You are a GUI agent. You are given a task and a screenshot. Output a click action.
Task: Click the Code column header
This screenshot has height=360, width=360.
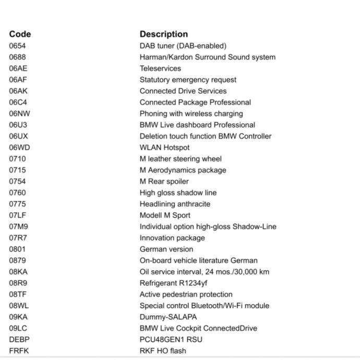(x=20, y=34)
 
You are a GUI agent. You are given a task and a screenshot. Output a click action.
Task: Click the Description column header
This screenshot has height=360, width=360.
(x=163, y=34)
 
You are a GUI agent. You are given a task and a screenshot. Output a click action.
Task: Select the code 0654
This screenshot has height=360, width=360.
(x=17, y=46)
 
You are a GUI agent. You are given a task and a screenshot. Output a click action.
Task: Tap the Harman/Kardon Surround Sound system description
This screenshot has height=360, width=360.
(x=207, y=57)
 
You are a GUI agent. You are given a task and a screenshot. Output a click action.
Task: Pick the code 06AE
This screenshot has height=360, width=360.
(x=18, y=68)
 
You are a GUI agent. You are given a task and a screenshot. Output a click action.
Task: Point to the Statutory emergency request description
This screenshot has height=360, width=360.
(x=188, y=80)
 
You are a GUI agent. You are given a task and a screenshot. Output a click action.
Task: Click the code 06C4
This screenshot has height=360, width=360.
(x=18, y=102)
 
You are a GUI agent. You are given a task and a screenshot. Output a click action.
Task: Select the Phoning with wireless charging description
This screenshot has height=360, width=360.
(x=191, y=114)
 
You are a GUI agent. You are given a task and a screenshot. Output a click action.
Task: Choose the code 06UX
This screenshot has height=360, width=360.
(x=18, y=136)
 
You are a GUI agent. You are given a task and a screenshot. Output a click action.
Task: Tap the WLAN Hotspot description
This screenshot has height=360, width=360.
(x=164, y=148)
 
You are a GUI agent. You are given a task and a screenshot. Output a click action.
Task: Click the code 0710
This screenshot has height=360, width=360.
(x=17, y=159)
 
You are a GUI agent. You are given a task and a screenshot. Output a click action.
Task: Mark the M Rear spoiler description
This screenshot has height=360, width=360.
(x=164, y=182)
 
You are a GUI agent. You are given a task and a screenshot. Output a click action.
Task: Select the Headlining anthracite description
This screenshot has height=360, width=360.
(x=175, y=204)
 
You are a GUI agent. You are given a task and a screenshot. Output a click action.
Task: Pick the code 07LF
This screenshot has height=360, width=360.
(x=18, y=215)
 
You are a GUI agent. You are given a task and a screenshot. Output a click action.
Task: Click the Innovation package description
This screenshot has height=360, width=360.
(x=172, y=238)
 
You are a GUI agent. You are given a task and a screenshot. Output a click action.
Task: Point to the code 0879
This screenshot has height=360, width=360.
(x=17, y=260)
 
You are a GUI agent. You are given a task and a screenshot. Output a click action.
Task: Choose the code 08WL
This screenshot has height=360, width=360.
(x=19, y=306)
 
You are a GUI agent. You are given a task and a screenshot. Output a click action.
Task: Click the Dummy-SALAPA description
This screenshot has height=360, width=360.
(x=168, y=317)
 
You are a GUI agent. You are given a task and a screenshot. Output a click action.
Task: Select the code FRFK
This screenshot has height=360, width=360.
(x=19, y=351)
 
